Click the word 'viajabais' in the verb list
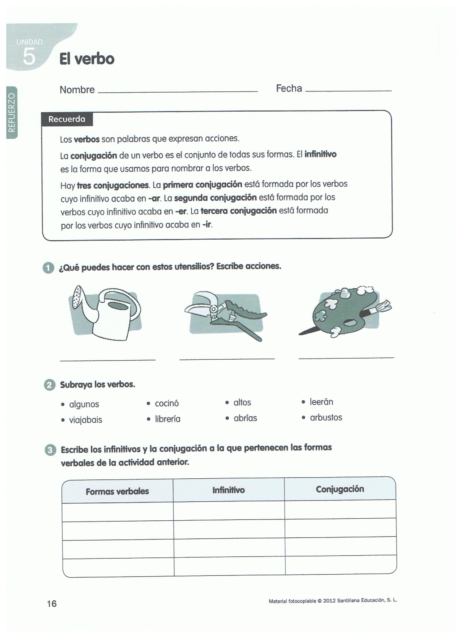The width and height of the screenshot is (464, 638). pyautogui.click(x=85, y=420)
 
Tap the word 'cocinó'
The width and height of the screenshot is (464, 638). pyautogui.click(x=167, y=403)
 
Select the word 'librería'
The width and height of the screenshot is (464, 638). pyautogui.click(x=168, y=419)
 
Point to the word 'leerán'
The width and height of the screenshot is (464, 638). pyautogui.click(x=321, y=402)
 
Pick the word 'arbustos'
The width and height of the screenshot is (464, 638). pyautogui.click(x=326, y=418)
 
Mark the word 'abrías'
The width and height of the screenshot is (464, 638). pyautogui.click(x=245, y=418)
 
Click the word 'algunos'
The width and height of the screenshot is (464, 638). pyautogui.click(x=84, y=404)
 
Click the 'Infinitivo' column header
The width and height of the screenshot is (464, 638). pyautogui.click(x=228, y=490)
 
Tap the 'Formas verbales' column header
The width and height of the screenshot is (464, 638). pyautogui.click(x=117, y=491)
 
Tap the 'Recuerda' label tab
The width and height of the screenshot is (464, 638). pyautogui.click(x=67, y=119)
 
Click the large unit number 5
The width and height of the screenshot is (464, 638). pyautogui.click(x=29, y=56)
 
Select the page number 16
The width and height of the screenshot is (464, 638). pyautogui.click(x=52, y=603)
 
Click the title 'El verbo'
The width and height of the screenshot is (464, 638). pyautogui.click(x=87, y=59)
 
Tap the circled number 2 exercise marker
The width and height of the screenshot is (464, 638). pyautogui.click(x=49, y=384)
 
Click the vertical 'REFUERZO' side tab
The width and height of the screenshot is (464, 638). pyautogui.click(x=11, y=112)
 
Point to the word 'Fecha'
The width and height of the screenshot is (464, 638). pyautogui.click(x=289, y=88)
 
